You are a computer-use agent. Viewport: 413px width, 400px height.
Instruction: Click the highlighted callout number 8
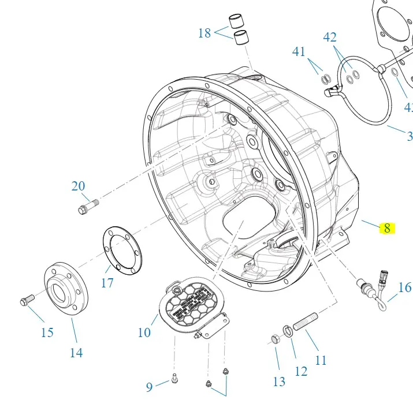[x=387, y=228]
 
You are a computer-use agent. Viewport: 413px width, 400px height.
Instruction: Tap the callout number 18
[x=204, y=33]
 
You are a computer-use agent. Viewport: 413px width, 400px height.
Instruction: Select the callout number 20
[x=78, y=186]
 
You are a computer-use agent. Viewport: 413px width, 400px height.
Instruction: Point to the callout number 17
[x=107, y=283]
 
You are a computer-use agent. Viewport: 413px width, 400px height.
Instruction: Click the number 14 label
[x=76, y=353]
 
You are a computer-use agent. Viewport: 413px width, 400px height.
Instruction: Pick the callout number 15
[x=47, y=332]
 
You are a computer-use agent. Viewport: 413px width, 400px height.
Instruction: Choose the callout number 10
[x=144, y=332]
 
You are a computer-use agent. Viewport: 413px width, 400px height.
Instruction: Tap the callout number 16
[x=404, y=287]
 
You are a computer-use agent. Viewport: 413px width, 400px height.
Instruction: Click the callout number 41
[x=299, y=51]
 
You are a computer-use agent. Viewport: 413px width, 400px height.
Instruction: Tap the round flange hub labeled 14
[x=65, y=290]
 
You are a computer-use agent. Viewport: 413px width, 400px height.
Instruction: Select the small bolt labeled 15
[x=27, y=300]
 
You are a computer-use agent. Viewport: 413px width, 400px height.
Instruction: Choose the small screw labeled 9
[x=174, y=379]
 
